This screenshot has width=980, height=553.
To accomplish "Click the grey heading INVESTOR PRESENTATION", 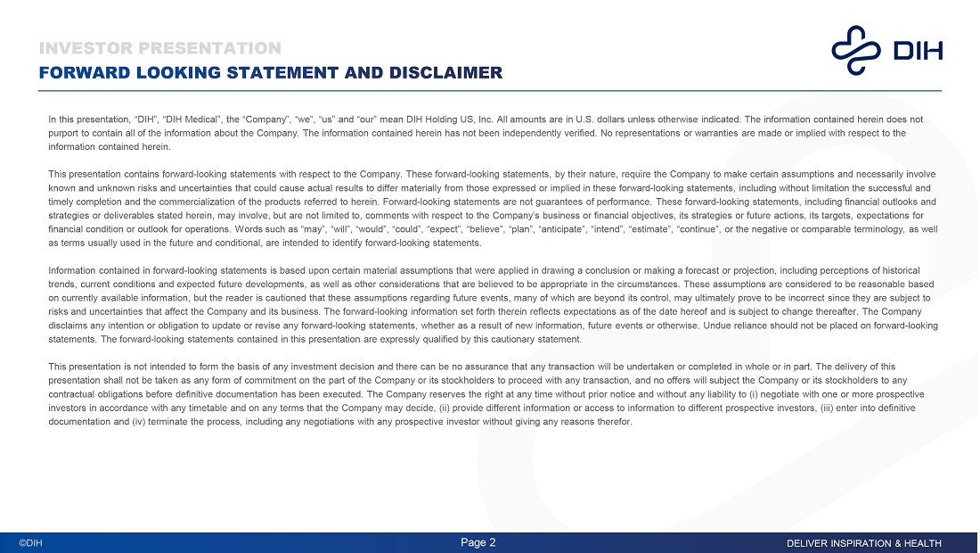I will (x=160, y=48).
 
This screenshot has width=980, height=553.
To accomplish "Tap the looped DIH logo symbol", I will (x=855, y=50).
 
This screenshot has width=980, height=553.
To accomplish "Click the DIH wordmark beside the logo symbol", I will (x=918, y=51).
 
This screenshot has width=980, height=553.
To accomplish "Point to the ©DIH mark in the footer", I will (x=31, y=543).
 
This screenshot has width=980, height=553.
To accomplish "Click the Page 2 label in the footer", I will (x=478, y=542).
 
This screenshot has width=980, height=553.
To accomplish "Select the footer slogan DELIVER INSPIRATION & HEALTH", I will (x=863, y=543).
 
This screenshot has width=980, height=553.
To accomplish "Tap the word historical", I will (x=899, y=270).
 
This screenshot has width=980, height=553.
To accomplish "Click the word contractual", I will (x=73, y=394).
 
